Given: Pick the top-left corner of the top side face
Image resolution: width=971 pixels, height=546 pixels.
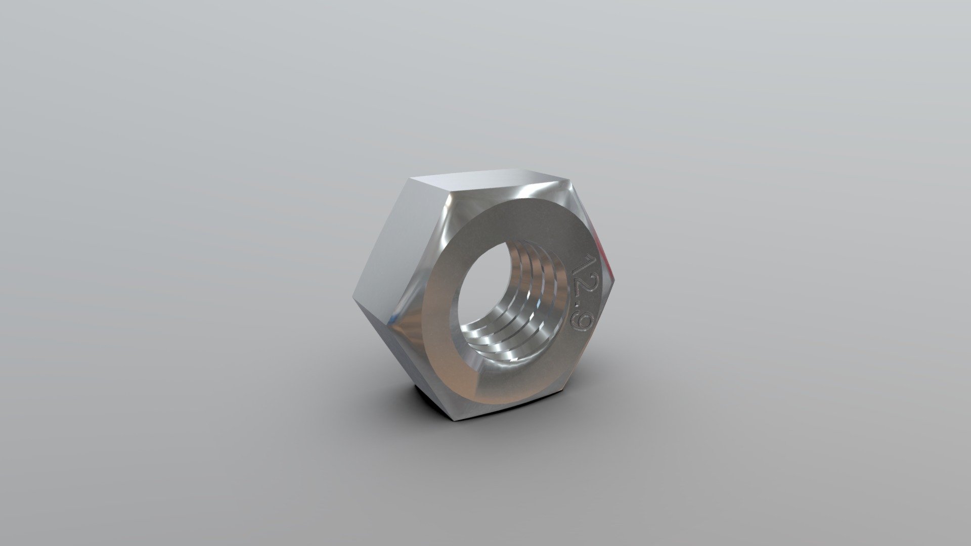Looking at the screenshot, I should (x=412, y=178).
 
